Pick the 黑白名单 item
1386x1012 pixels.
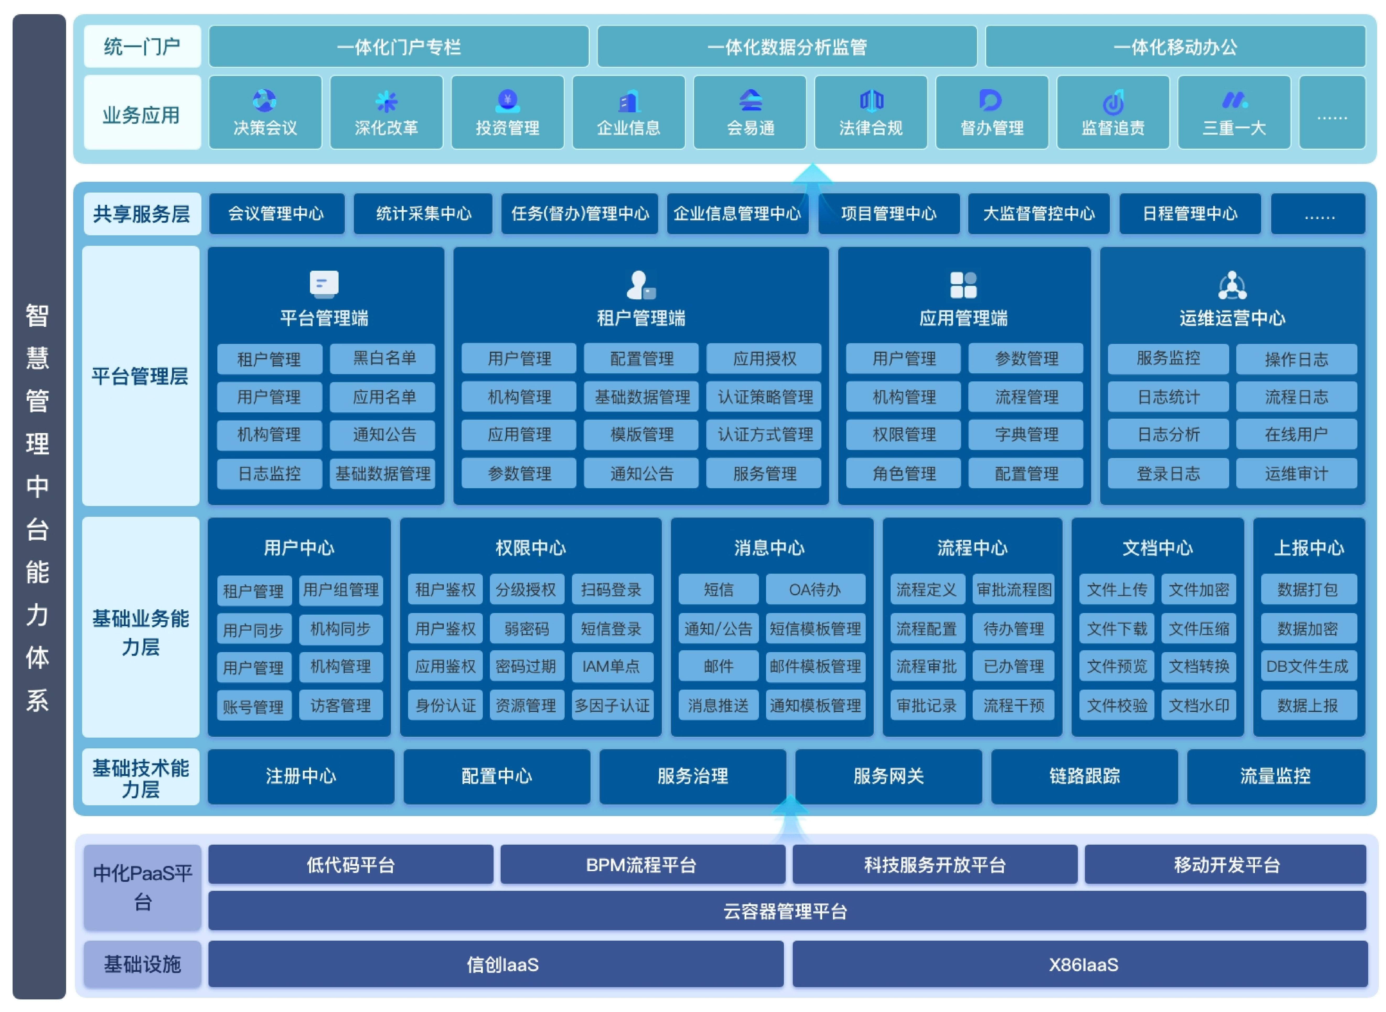(383, 358)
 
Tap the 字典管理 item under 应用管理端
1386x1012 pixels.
(1026, 434)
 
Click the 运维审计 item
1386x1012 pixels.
(1296, 473)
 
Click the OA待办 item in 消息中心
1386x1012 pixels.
(815, 589)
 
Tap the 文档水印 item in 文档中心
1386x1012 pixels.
(1198, 705)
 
